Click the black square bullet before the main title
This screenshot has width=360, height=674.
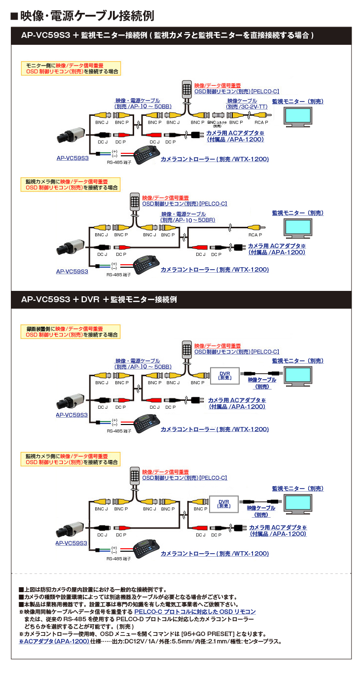tap(14, 16)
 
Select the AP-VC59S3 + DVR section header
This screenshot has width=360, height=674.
tap(99, 299)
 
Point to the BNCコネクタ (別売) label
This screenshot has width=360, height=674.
tap(217, 124)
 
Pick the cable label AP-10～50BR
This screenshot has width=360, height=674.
tap(187, 220)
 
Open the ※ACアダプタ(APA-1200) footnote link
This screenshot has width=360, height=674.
tap(54, 641)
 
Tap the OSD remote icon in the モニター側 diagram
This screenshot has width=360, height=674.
tap(186, 89)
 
